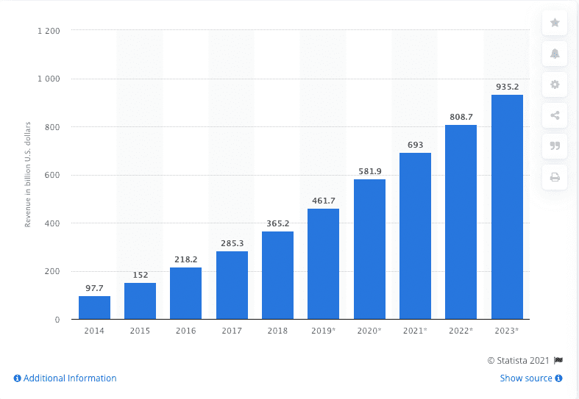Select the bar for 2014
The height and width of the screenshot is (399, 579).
tap(94, 308)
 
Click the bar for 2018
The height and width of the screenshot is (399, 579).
tap(277, 276)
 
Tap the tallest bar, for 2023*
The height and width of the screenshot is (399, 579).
tap(507, 207)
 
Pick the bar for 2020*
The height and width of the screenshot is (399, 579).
tap(369, 250)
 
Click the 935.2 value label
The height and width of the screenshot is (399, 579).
tap(507, 87)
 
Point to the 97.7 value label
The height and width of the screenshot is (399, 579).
tap(94, 288)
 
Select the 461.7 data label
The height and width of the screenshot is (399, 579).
tap(323, 201)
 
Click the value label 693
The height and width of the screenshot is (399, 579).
tap(415, 145)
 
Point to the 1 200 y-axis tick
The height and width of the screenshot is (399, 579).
tap(49, 31)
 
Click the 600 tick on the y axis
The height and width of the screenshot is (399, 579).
tap(52, 175)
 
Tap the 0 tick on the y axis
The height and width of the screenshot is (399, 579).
tap(57, 320)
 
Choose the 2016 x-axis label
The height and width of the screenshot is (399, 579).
tap(185, 331)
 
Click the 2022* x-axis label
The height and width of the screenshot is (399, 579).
tap(461, 331)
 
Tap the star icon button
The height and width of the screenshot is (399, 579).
tap(555, 23)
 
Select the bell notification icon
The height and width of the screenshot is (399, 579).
tap(555, 54)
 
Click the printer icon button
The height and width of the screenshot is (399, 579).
tap(555, 176)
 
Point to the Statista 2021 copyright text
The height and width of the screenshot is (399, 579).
tap(525, 360)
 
